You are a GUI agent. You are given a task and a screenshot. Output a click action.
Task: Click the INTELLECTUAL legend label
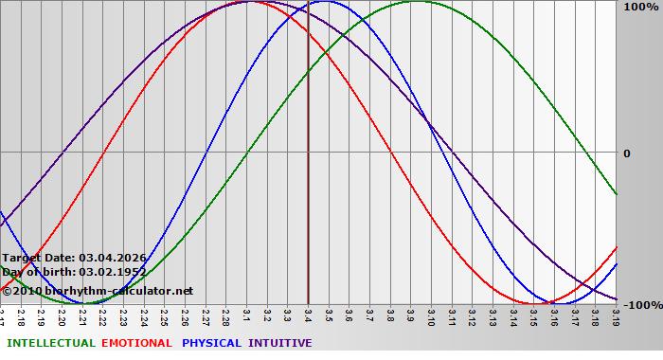[x=49, y=343]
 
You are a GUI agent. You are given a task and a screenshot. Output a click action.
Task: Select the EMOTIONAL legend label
[x=136, y=343]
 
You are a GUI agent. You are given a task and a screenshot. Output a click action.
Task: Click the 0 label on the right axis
[x=626, y=153]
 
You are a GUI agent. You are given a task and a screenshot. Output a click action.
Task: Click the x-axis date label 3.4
[x=308, y=315]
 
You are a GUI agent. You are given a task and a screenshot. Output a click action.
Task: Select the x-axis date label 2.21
[x=82, y=316]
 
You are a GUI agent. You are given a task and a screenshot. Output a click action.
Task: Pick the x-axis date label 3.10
[x=431, y=316]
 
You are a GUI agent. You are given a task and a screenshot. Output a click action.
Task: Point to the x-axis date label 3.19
[x=615, y=316]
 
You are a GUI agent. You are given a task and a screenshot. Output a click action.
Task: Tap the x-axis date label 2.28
[x=225, y=316]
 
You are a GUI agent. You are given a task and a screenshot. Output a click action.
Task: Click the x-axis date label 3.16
[x=553, y=316]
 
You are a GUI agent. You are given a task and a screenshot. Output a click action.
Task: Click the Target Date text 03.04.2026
[x=113, y=258]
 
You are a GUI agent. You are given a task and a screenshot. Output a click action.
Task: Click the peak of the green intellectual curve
[x=417, y=2]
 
